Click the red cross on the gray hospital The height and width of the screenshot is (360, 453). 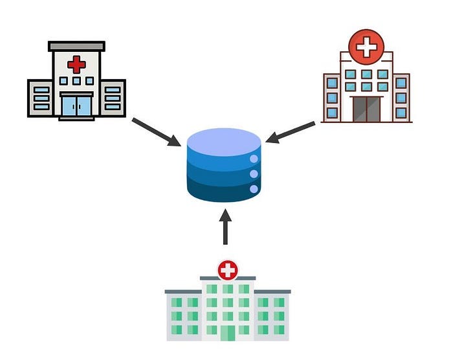click(76, 64)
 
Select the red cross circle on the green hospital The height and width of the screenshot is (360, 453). click(228, 269)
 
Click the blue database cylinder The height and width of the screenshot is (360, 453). click(224, 166)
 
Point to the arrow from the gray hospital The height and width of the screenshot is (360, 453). click(155, 131)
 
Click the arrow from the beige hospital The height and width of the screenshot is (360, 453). click(291, 132)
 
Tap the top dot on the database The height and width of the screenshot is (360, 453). click(254, 159)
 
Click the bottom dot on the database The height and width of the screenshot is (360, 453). click(254, 189)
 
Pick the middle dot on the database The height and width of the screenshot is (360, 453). click(254, 174)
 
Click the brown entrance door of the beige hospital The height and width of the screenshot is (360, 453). click(366, 109)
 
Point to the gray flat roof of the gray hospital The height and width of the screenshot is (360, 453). click(76, 46)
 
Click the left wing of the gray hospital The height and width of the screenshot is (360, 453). click(41, 98)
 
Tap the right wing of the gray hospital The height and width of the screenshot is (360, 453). click(113, 98)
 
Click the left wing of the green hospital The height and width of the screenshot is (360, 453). click(183, 316)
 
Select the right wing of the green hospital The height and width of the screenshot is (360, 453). click(272, 316)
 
